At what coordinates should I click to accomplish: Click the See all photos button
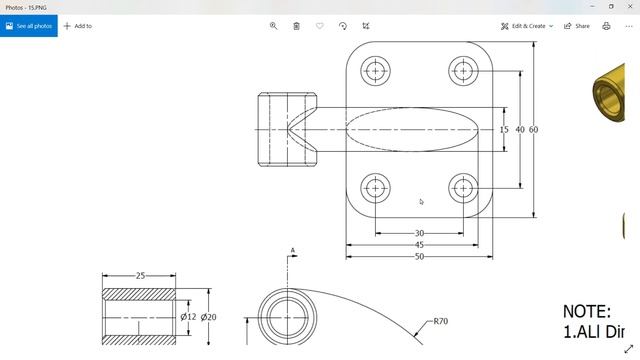[28, 26]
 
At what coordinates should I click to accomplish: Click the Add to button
[78, 26]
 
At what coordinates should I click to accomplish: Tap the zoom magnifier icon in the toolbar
[273, 26]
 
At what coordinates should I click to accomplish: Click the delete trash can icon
[296, 26]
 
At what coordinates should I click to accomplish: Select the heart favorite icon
[320, 26]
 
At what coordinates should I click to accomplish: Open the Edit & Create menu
[527, 26]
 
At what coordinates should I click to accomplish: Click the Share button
[577, 26]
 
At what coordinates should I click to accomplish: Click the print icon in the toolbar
[606, 26]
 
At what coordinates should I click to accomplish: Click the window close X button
[628, 6]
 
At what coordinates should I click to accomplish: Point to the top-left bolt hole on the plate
[376, 70]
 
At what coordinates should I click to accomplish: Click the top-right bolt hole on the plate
[463, 70]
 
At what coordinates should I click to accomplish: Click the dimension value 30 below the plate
[419, 234]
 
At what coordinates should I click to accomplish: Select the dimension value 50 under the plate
[419, 256]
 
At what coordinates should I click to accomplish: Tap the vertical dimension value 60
[533, 130]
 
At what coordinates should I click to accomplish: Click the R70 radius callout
[440, 322]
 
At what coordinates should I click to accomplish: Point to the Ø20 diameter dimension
[208, 317]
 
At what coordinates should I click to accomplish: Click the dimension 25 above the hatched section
[140, 276]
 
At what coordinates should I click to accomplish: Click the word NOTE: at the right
[587, 312]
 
